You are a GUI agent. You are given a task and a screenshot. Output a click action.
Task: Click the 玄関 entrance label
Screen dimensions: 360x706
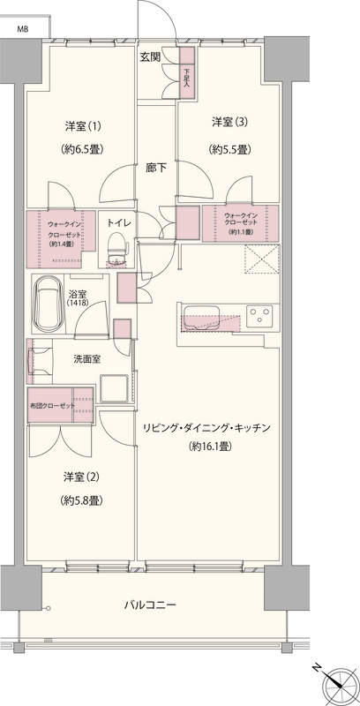point(151,57)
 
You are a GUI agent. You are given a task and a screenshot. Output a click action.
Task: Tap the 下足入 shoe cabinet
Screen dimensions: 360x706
point(187,72)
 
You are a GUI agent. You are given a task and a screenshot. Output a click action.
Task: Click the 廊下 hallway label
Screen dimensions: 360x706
point(156,169)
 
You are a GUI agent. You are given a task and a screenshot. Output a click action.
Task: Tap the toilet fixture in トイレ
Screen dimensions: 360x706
point(117,249)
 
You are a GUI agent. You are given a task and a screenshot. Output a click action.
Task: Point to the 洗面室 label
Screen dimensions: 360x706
point(87,359)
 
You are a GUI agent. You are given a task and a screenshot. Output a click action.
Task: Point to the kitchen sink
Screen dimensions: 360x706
point(201,318)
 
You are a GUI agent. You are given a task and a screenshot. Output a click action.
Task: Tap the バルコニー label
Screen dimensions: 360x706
point(150,605)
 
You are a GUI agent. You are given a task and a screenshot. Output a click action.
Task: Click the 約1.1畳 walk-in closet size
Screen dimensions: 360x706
point(241,232)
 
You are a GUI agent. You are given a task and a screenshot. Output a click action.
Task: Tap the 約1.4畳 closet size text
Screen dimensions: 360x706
point(61,244)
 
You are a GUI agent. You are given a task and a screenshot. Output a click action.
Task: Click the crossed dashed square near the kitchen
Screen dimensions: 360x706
point(262,259)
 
